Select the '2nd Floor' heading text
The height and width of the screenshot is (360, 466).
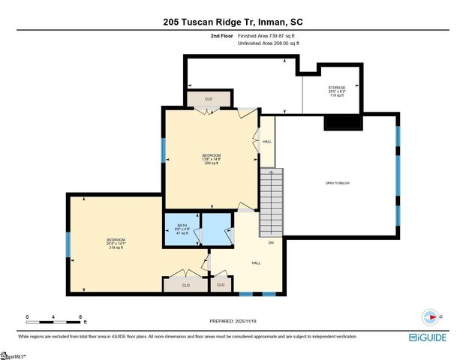tap(222, 36)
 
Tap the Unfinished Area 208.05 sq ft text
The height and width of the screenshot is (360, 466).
tap(269, 44)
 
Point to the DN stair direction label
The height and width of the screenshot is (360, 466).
tap(271, 242)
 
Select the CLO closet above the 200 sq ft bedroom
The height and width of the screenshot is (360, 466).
tap(209, 99)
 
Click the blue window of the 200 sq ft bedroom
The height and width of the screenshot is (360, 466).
tap(163, 151)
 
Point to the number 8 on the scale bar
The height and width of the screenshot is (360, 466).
tap(80, 317)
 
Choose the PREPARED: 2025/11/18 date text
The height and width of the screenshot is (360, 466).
tap(233, 321)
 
